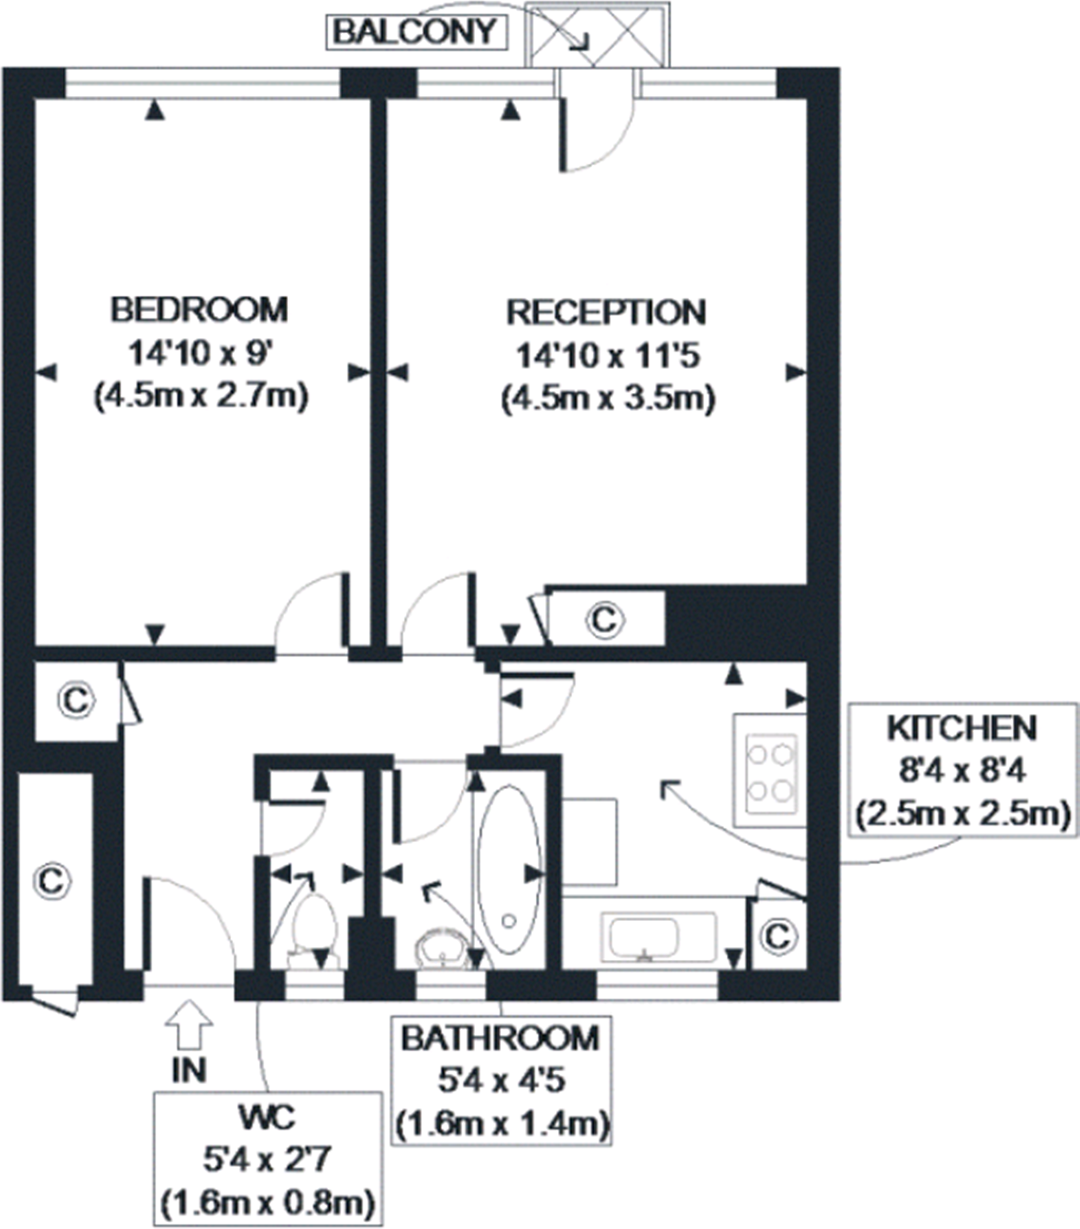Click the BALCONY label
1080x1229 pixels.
(x=416, y=32)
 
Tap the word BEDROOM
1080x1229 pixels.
(x=199, y=309)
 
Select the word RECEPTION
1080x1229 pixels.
(x=606, y=312)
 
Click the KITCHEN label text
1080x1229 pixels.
(x=962, y=729)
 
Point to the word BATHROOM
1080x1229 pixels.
(x=501, y=1038)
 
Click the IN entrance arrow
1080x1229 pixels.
(x=189, y=1024)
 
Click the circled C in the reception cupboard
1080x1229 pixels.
(x=604, y=619)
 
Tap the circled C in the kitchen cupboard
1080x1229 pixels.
(x=778, y=937)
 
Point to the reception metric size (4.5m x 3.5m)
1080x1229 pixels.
(x=608, y=398)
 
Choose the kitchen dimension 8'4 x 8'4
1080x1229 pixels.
(x=962, y=771)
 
